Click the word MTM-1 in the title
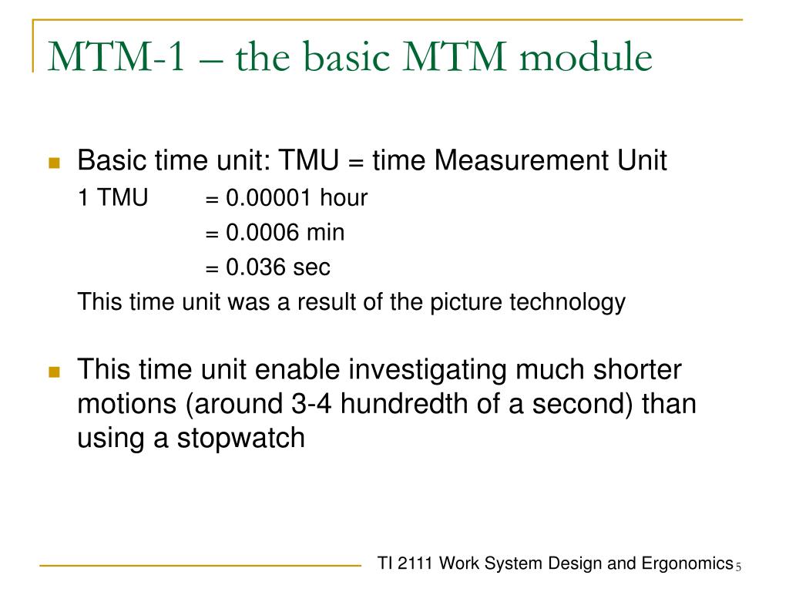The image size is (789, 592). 116,59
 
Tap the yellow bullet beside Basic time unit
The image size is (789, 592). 54,163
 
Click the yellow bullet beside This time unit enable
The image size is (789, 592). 54,372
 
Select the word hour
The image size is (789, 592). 344,198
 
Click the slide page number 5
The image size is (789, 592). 737,568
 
